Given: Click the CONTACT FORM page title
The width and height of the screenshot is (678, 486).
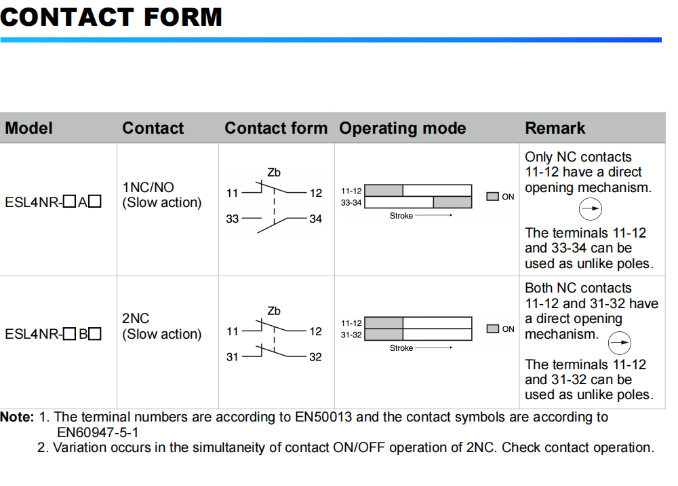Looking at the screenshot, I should [111, 17].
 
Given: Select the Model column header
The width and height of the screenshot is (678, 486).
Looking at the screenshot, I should [29, 128].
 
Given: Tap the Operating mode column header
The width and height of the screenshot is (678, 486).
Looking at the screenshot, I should [403, 128].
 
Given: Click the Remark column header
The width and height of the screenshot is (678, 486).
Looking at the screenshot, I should [555, 128].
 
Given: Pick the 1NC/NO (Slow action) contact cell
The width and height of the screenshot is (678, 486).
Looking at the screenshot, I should [162, 195].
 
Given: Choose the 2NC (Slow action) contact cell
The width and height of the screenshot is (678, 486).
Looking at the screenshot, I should [162, 326].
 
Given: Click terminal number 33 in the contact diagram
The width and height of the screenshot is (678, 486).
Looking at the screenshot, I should [232, 219].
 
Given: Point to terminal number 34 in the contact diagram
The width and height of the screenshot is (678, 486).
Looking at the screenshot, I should [315, 219].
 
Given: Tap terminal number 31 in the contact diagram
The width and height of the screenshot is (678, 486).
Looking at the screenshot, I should [232, 357].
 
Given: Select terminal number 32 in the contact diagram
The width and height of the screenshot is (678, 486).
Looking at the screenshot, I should [315, 357].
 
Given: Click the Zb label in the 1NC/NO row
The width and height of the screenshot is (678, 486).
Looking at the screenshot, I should [274, 173].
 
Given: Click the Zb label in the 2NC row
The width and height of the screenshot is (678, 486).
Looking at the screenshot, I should [274, 311].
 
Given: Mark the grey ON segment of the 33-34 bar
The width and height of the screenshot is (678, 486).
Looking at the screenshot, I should [452, 202].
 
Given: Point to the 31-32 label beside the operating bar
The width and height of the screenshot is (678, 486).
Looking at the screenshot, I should [351, 335].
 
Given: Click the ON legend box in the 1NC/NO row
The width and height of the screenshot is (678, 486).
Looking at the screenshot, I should [493, 197].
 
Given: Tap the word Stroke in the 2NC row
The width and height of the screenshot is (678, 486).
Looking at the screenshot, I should [401, 348].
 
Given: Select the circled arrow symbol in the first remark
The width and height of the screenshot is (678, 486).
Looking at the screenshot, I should [590, 209].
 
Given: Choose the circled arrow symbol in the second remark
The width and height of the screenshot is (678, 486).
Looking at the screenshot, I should [619, 343].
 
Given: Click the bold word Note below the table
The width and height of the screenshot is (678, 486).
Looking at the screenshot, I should [17, 417].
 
